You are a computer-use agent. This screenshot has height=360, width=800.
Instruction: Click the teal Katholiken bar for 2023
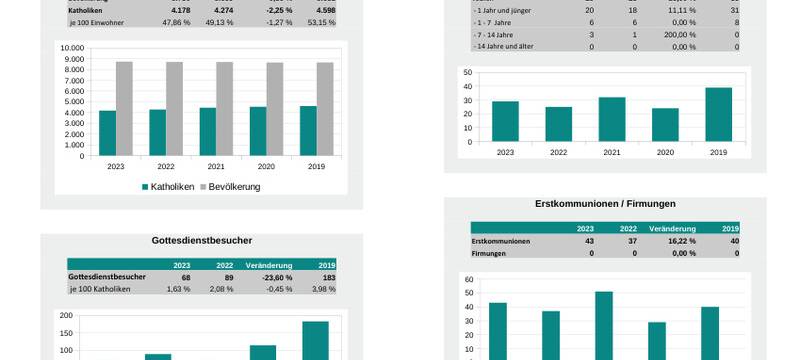(x=107, y=133)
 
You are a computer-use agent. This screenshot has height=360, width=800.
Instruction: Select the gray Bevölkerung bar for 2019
(x=325, y=109)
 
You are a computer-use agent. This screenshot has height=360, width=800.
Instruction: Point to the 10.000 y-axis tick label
(x=72, y=48)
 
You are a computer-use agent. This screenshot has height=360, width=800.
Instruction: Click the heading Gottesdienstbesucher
(x=201, y=241)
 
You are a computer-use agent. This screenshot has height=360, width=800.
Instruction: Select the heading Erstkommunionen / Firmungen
(x=605, y=204)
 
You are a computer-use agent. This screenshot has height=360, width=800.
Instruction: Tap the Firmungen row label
(x=489, y=253)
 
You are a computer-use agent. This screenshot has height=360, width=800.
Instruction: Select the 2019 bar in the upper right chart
(x=718, y=114)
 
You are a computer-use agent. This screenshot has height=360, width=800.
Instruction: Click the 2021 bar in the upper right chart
(x=612, y=119)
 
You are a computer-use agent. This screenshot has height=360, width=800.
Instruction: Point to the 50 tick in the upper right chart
(x=466, y=72)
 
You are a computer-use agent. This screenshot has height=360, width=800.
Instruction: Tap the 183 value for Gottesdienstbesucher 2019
(x=327, y=277)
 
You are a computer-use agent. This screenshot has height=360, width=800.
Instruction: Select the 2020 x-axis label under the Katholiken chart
(x=266, y=167)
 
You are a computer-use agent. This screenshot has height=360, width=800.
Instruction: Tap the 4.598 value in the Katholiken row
(x=321, y=10)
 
